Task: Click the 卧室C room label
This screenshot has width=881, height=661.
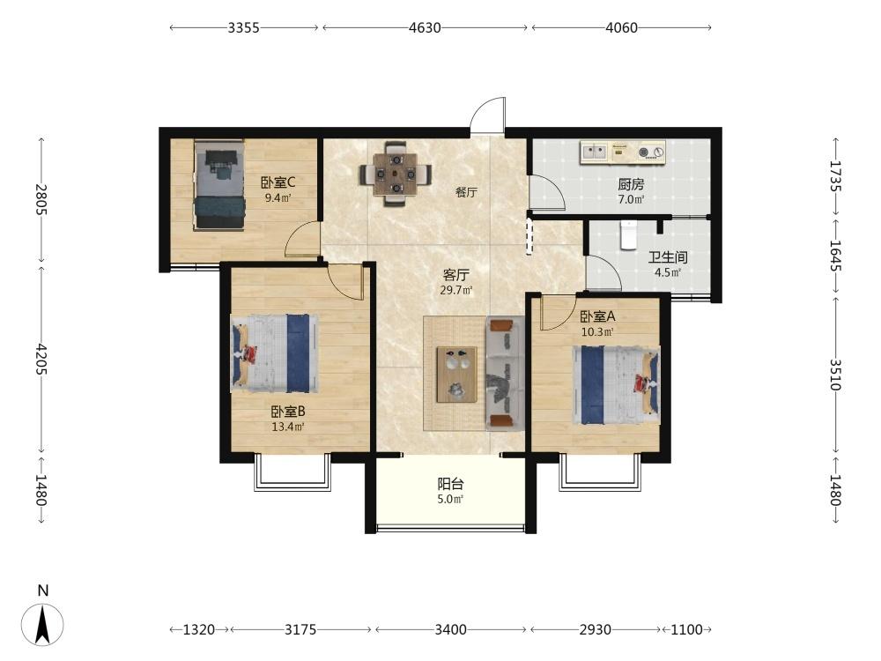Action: click(278, 182)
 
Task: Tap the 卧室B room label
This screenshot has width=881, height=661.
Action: click(288, 412)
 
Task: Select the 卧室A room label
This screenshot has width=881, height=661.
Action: click(597, 316)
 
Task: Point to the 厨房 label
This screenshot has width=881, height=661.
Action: click(631, 184)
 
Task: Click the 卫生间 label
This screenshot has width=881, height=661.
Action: click(668, 257)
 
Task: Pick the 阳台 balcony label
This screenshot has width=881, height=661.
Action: click(450, 483)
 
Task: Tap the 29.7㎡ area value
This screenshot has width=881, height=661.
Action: click(455, 290)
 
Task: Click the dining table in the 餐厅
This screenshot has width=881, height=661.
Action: click(396, 174)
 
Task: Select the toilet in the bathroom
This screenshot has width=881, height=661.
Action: click(628, 235)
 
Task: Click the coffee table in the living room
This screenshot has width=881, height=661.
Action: click(456, 375)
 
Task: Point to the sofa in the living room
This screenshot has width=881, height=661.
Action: click(505, 373)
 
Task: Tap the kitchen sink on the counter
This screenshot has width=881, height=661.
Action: click(595, 152)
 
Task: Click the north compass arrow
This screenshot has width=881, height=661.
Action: click(42, 624)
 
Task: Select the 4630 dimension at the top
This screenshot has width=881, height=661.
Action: click(425, 27)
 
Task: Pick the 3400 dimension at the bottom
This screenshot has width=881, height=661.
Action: click(450, 629)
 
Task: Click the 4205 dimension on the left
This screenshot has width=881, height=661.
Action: click(41, 360)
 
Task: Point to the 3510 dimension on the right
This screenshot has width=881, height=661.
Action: click(835, 375)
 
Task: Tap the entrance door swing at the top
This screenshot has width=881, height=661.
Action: click(488, 115)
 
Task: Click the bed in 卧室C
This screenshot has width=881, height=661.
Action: click(219, 185)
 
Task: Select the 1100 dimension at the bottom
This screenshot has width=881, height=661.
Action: click(686, 629)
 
